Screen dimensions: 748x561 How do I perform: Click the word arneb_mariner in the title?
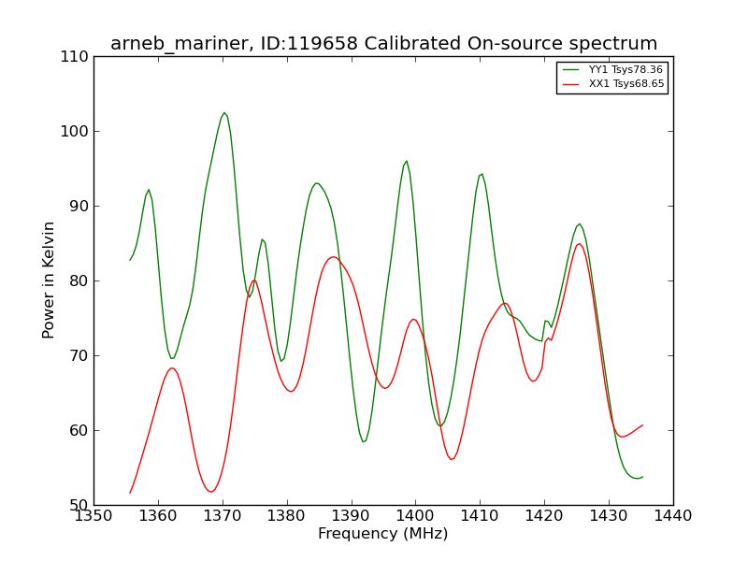pos(180,44)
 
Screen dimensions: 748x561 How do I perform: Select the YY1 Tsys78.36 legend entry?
pos(612,69)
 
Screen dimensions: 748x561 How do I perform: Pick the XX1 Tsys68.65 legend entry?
pos(612,84)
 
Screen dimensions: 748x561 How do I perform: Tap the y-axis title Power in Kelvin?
pos(48,280)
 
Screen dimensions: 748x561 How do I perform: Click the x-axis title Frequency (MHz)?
pos(383,533)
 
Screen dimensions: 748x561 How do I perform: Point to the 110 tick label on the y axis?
pos(75,57)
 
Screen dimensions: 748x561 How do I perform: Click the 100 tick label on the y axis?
pos(75,131)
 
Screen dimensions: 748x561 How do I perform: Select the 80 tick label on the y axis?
pos(79,281)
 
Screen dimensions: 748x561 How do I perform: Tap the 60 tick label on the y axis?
pos(79,431)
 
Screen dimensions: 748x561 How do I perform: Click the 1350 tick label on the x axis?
pos(94,516)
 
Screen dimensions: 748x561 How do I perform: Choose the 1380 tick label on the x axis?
pos(287,516)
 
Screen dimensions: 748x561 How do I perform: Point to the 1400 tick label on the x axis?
pos(415,516)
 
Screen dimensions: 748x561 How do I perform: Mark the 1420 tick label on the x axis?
pos(544,516)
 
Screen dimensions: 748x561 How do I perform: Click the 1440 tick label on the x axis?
pos(673,516)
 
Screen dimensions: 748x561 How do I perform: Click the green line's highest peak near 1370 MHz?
pos(224,112)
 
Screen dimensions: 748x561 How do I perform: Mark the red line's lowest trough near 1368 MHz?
pos(211,492)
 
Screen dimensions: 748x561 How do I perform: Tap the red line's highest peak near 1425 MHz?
pos(580,244)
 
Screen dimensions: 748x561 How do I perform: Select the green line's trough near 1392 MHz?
pos(364,441)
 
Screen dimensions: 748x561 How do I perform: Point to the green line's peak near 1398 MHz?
pos(407,161)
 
